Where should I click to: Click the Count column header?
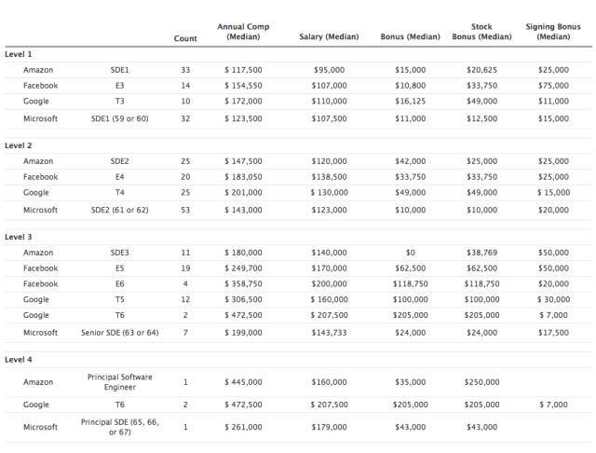pyautogui.click(x=185, y=38)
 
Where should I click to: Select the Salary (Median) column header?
pyautogui.click(x=322, y=37)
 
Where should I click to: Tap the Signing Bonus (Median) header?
pyautogui.click(x=553, y=32)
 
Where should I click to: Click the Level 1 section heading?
pyautogui.click(x=19, y=54)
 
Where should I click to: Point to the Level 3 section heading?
pyautogui.click(x=19, y=237)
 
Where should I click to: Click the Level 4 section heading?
pyautogui.click(x=19, y=359)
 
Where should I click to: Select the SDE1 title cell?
pyautogui.click(x=119, y=70)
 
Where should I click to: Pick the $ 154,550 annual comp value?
pyautogui.click(x=243, y=86)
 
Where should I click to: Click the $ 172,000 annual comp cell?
pyautogui.click(x=243, y=101)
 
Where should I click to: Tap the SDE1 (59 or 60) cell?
pyautogui.click(x=119, y=118)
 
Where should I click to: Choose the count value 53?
pyautogui.click(x=185, y=210)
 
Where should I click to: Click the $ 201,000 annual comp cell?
pyautogui.click(x=243, y=192)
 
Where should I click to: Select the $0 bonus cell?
pyautogui.click(x=410, y=253)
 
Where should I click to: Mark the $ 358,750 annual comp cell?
pyautogui.click(x=243, y=283)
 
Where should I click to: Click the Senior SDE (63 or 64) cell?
pyautogui.click(x=119, y=332)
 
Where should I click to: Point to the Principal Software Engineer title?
pyautogui.click(x=119, y=381)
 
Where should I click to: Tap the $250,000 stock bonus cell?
pyautogui.click(x=481, y=381)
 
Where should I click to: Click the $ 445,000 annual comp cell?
pyautogui.click(x=243, y=381)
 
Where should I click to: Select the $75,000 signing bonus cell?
pyautogui.click(x=553, y=86)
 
